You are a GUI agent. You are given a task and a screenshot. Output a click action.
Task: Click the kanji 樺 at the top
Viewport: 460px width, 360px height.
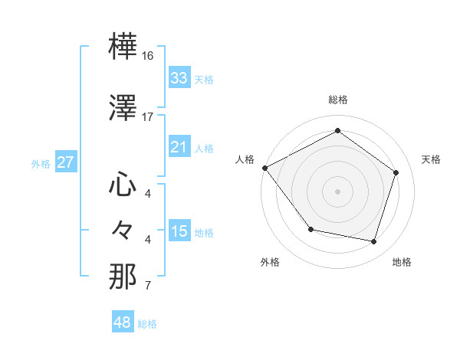pos(123,47)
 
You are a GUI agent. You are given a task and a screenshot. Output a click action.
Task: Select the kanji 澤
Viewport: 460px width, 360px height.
pos(123,108)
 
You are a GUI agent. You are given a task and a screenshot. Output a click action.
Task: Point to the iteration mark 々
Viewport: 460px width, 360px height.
pos(123,229)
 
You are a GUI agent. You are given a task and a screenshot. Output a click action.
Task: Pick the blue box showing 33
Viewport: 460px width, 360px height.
pos(179,78)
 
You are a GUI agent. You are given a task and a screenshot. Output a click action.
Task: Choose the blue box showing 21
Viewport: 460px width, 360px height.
pos(179,147)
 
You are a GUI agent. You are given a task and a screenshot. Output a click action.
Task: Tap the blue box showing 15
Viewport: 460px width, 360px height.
pos(179,232)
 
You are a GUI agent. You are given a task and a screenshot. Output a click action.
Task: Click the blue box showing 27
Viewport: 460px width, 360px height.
pos(66,162)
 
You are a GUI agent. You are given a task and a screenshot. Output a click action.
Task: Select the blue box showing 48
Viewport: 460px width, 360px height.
pos(123,322)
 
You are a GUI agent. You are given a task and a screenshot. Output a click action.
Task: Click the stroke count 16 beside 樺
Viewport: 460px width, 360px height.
pos(149,56)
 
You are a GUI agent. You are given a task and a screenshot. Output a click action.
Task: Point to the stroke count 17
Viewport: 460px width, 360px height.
pos(148,116)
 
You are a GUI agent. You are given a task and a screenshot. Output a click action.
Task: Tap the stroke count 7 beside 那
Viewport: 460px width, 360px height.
pos(148,286)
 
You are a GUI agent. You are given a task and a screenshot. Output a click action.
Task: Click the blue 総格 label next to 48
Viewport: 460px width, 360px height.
pos(147,324)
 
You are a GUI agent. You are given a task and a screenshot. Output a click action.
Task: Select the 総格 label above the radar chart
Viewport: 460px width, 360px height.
pos(337,100)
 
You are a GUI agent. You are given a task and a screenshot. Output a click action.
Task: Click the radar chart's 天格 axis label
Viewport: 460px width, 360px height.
pos(431,159)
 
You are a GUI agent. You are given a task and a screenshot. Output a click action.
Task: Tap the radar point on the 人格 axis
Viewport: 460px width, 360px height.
pos(264,168)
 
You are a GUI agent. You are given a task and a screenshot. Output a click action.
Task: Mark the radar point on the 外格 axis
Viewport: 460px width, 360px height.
pos(310,229)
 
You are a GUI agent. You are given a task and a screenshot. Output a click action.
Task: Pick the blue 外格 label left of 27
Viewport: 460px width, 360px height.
pos(41,163)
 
